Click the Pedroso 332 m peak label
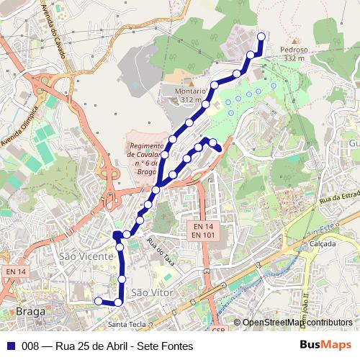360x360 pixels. (x=295, y=54)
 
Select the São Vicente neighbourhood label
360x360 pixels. (x=86, y=256)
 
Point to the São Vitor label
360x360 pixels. (x=150, y=292)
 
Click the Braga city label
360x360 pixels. (x=30, y=312)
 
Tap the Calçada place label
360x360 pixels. (x=323, y=244)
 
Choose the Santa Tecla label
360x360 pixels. (x=126, y=325)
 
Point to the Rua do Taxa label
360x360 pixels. (x=161, y=248)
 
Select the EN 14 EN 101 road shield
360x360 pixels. (x=204, y=230)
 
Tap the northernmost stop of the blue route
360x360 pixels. (x=261, y=37)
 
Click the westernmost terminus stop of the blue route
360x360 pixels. (x=99, y=300)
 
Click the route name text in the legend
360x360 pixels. (x=108, y=346)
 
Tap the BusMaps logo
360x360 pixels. (x=328, y=345)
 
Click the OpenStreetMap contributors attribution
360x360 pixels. (x=297, y=323)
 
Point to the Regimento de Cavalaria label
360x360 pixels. (x=147, y=154)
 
